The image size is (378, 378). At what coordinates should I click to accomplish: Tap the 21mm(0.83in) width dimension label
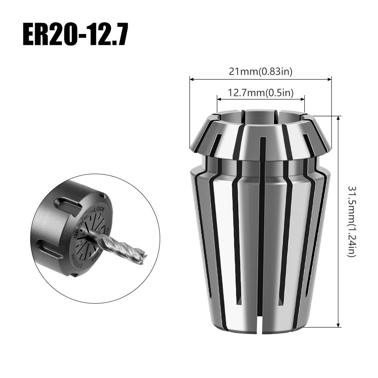[x=261, y=72]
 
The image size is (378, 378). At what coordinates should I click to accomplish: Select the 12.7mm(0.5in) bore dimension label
[x=261, y=93]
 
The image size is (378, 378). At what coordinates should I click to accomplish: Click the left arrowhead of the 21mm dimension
[x=191, y=80]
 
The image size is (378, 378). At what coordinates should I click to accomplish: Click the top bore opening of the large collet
[x=261, y=114]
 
